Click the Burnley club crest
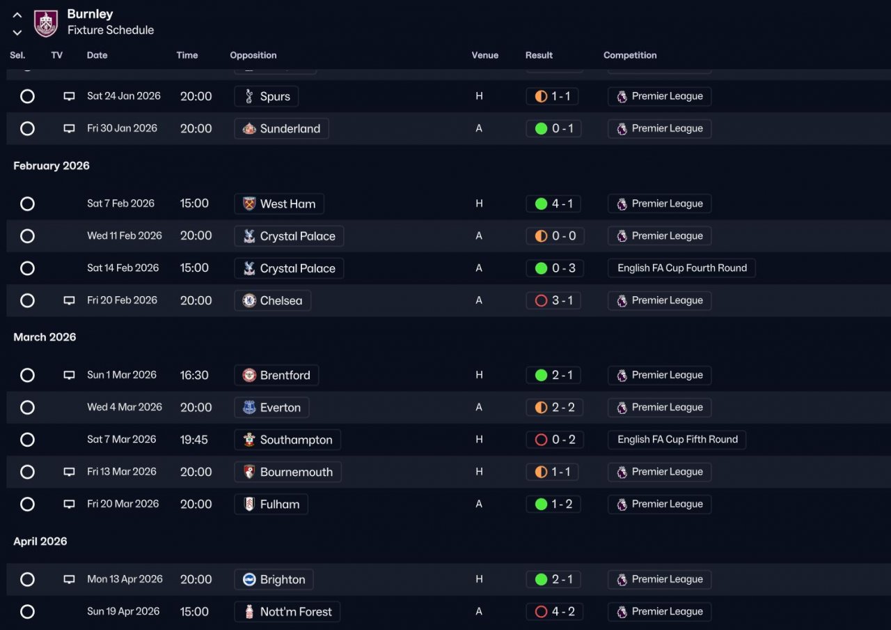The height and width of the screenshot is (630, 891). point(46,23)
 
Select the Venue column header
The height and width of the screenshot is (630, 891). point(485,55)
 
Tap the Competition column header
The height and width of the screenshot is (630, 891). point(630,55)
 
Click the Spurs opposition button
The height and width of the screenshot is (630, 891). point(266,96)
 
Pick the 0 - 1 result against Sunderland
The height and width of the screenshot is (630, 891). point(553,129)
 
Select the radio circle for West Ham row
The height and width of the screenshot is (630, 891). point(27,203)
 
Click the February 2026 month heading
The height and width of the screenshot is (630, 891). point(52,166)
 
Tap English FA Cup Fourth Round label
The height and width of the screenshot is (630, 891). point(681,268)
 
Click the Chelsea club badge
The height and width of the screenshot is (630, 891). point(249,300)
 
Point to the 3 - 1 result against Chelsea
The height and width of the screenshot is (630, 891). point(553,300)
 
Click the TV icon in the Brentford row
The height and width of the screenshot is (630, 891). point(69,375)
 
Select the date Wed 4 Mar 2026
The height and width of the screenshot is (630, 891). point(125,407)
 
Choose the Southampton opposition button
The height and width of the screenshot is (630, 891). point(287,440)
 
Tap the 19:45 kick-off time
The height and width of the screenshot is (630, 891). point(194,440)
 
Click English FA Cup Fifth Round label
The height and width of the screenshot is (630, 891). point(677,439)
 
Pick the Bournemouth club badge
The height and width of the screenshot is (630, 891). point(249,472)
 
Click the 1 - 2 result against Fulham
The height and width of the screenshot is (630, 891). point(553,504)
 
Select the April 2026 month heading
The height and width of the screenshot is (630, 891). point(40,541)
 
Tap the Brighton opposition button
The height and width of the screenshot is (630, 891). point(274,579)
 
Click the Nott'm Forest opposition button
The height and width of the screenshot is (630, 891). point(287,612)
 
